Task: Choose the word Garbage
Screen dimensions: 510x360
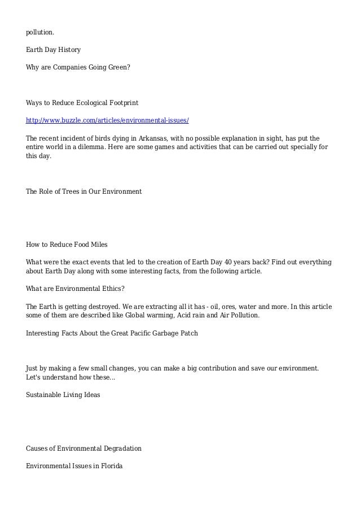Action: point(163,333)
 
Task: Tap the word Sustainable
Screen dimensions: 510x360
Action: point(45,395)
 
